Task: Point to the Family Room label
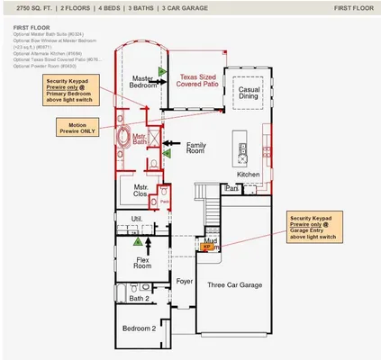195,148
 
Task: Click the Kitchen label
249,174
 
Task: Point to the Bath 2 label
139,298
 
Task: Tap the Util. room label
137,219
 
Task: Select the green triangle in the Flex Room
137,241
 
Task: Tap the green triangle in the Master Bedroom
161,70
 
